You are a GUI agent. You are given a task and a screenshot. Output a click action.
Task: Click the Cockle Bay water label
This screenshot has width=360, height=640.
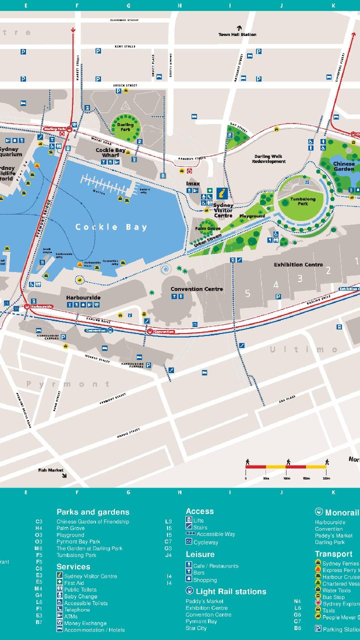click(111, 227)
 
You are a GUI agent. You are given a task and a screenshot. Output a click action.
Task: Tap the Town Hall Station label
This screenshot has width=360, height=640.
click(237, 34)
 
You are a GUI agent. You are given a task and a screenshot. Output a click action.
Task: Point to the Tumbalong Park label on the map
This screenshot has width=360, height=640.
click(299, 201)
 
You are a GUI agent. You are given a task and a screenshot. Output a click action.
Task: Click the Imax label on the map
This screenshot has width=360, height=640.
click(193, 183)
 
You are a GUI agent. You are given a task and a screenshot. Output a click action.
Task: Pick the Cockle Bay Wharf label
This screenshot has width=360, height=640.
click(110, 152)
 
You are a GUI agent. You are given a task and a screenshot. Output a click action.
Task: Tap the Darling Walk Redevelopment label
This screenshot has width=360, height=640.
click(268, 159)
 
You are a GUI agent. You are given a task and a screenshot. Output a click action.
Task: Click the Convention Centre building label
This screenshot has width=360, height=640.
click(196, 289)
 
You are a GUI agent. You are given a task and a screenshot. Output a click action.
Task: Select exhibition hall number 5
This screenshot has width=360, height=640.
click(247, 293)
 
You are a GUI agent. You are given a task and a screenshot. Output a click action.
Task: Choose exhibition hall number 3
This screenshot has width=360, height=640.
click(300, 278)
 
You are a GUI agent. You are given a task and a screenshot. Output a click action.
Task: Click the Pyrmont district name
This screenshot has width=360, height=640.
click(68, 384)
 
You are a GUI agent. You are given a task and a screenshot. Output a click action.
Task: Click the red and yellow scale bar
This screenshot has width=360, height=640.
click(285, 466)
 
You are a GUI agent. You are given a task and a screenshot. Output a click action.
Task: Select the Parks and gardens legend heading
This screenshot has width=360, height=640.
click(92, 512)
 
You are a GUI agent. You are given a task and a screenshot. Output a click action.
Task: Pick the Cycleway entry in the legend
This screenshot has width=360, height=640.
click(205, 542)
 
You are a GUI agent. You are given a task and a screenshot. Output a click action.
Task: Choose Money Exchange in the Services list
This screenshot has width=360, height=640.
click(85, 623)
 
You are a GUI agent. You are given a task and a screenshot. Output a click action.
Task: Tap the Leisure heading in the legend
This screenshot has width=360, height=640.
click(200, 554)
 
